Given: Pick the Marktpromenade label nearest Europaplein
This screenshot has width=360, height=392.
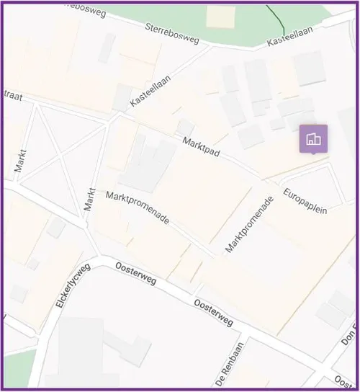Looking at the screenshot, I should (250, 224).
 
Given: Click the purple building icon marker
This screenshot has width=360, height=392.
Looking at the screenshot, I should (313, 138).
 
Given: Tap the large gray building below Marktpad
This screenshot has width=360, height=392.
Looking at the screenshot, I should (148, 164).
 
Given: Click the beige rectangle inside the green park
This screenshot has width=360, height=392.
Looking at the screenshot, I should (220, 16).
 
